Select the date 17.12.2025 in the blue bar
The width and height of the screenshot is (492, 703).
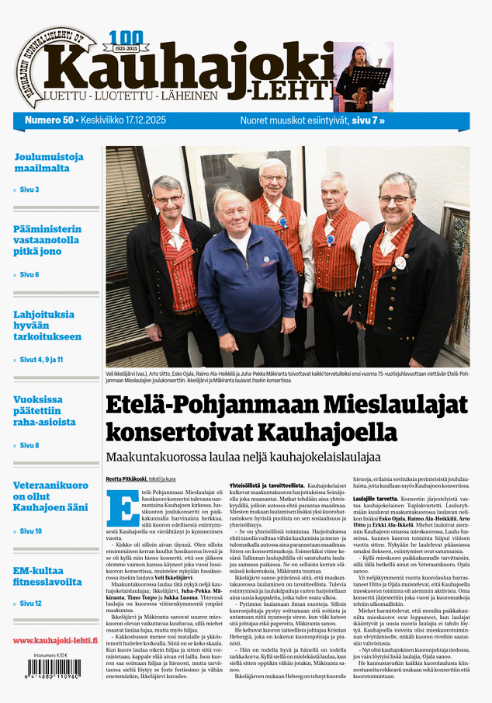click(x=165, y=120)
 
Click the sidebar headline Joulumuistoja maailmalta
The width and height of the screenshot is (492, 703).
click(x=48, y=162)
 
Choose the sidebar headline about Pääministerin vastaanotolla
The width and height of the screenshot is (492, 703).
click(x=47, y=241)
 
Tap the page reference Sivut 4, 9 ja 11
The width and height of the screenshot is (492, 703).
click(x=40, y=360)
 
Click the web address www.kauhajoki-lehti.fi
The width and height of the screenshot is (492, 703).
click(x=55, y=641)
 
